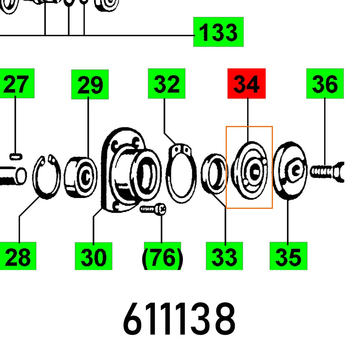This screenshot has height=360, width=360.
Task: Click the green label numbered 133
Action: [x=218, y=32]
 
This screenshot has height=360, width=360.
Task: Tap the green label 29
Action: [x=90, y=85]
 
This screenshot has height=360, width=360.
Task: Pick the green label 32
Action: [x=166, y=84]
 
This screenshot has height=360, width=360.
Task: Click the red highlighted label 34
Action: [x=246, y=84]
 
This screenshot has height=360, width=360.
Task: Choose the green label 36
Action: [x=325, y=84]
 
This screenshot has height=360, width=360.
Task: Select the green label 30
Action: [x=93, y=256]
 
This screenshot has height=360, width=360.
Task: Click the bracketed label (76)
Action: [x=162, y=256]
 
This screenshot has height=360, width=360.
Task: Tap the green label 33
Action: [x=224, y=256]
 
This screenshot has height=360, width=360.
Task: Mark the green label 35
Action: [x=288, y=256]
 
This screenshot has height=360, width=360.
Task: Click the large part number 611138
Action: [x=179, y=319]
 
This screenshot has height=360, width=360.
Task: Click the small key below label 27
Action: [x=16, y=156]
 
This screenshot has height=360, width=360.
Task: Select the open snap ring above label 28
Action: [x=46, y=176]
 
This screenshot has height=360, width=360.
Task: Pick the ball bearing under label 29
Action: [x=81, y=176]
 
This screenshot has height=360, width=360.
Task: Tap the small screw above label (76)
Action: [x=153, y=209]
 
